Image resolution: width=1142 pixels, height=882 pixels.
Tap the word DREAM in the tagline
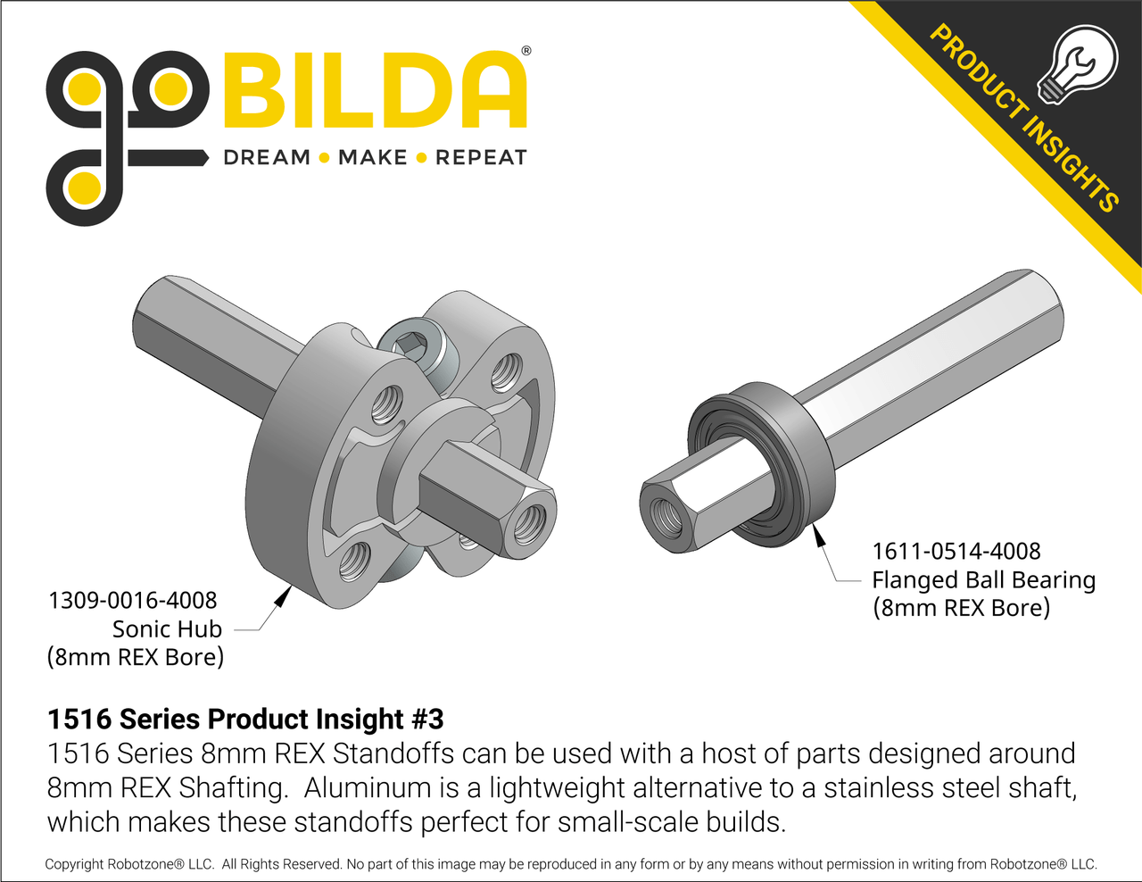pos(266,158)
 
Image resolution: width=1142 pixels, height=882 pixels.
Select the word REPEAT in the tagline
pos(481,158)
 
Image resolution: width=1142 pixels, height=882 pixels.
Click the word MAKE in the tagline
pos(373,158)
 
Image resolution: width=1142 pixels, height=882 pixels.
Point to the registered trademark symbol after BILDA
pos(525,52)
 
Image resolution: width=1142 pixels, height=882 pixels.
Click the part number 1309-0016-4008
pos(132,600)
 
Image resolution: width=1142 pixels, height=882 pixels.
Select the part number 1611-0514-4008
pos(956,551)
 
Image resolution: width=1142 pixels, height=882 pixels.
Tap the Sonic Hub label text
pos(167,628)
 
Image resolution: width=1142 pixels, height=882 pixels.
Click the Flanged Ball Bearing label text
pos(983,579)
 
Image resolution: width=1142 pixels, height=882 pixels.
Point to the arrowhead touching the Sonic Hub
pos(283,595)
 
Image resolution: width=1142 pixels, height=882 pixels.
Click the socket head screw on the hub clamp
pos(412,342)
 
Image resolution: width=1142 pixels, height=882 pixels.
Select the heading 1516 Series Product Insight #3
pos(245,719)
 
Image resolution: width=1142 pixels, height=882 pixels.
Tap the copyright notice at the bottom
pos(571,864)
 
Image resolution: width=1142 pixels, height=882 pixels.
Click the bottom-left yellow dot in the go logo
pos(83,189)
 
